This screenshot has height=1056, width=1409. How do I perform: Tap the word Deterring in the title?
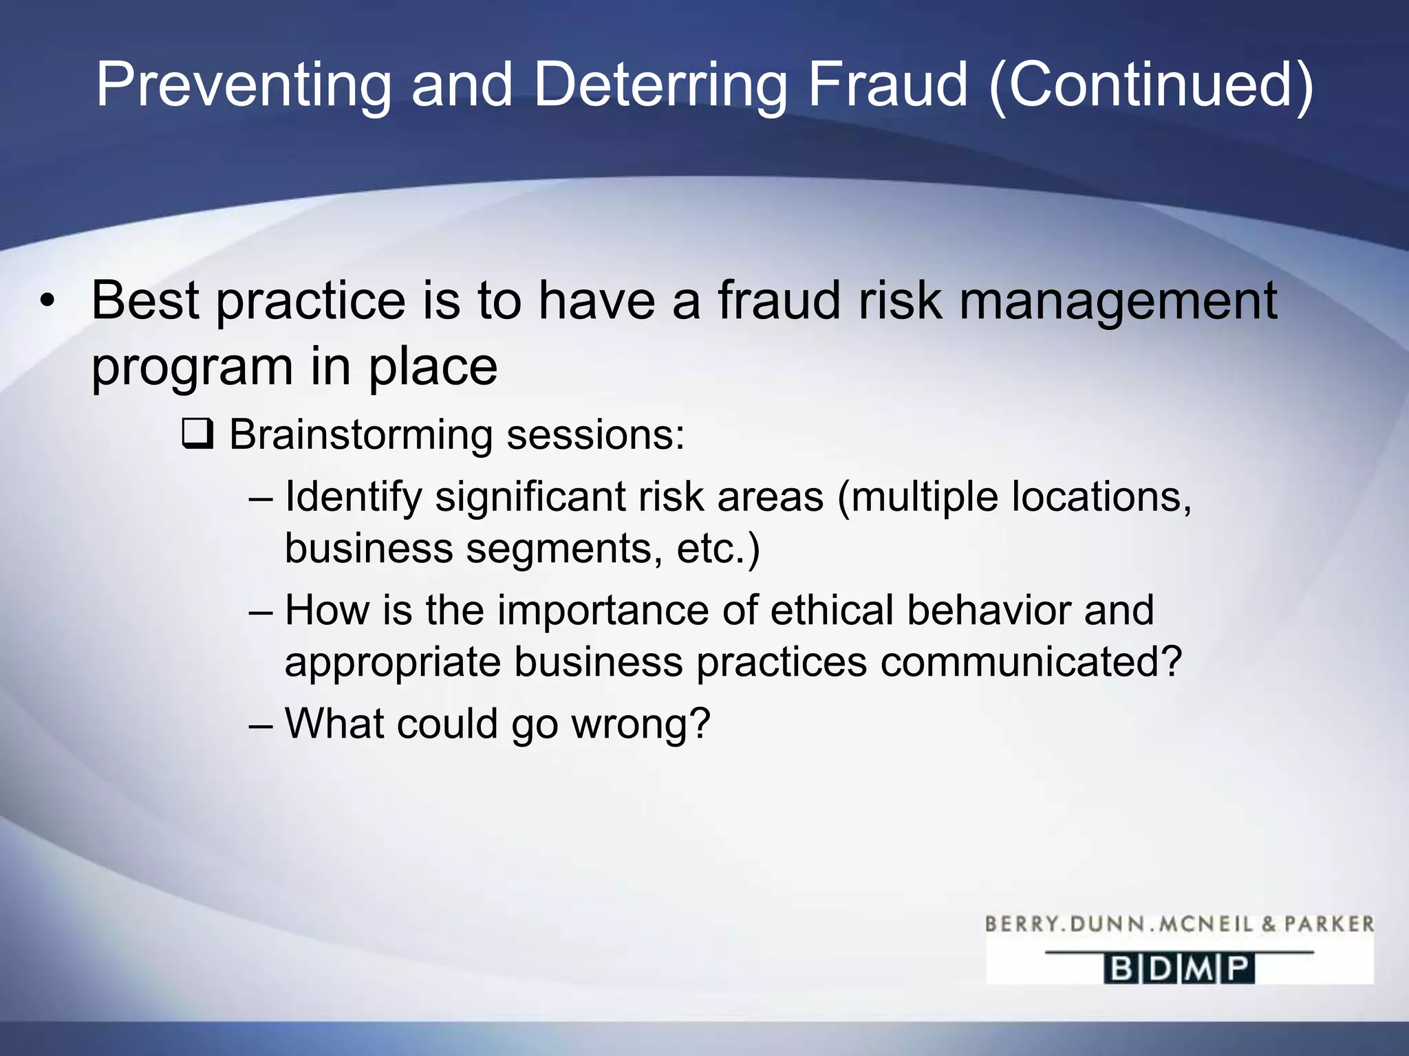pos(659,85)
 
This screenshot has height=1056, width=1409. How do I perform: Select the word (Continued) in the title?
pos(1151,85)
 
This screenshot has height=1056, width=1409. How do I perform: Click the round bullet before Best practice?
pos(46,302)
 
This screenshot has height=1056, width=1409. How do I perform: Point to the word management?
pos(1118,302)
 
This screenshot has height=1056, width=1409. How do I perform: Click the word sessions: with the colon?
pos(596,435)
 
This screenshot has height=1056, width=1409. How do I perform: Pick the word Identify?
pos(353,498)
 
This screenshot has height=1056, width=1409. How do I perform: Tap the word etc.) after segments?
pos(718,549)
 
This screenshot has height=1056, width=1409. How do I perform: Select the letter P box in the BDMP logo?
pos(1238,969)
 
